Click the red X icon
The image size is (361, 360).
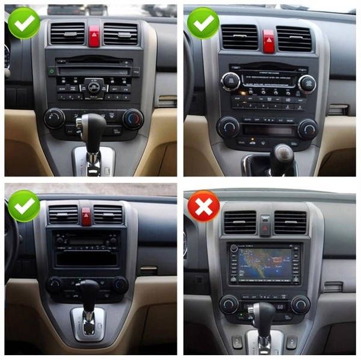tap(203, 206)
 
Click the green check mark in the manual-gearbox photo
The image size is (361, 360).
tap(203, 23)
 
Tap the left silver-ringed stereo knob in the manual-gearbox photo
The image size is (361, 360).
tap(230, 81)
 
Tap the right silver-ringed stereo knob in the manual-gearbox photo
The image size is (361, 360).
tap(306, 83)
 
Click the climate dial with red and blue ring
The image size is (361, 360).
tap(133, 118)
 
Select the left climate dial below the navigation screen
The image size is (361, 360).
tap(229, 304)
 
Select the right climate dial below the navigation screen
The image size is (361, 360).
tap(300, 304)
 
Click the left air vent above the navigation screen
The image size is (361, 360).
tap(239, 222)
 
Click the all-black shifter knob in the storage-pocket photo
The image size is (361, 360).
tap(88, 290)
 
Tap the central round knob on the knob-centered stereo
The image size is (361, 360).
tap(93, 87)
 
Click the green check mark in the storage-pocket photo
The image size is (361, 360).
tap(23, 206)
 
